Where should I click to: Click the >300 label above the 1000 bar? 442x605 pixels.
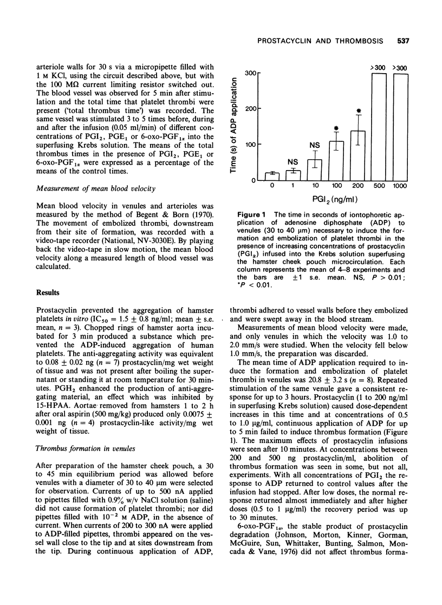tap(401, 67)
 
